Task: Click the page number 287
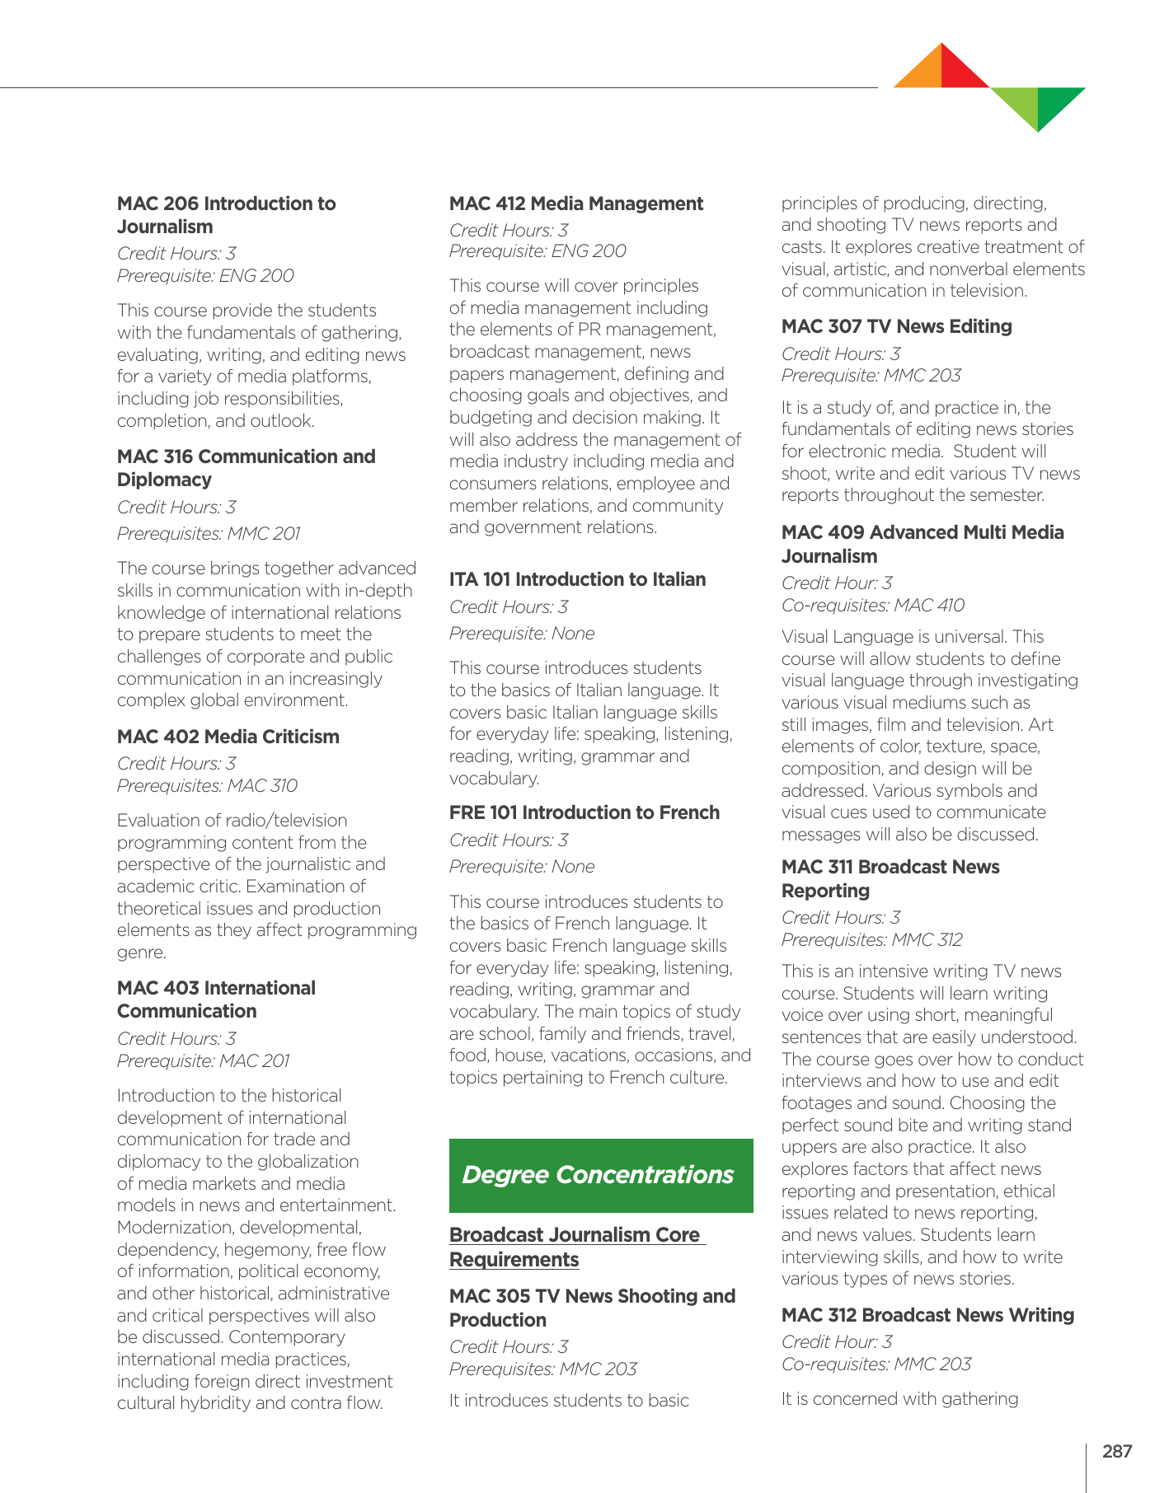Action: point(1117,1452)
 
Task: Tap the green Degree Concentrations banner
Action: point(600,1175)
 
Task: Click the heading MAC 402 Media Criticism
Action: point(228,737)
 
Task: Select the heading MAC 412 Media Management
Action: point(575,204)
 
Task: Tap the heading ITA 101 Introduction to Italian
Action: point(577,579)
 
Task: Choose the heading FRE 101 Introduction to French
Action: point(584,812)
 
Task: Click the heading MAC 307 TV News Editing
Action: point(896,326)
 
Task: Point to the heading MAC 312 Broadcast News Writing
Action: point(927,1315)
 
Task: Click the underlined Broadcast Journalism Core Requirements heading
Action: point(575,1247)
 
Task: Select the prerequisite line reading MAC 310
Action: point(207,785)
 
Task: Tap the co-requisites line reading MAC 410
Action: point(872,605)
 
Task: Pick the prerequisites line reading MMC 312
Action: point(871,939)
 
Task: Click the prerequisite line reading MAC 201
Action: point(203,1060)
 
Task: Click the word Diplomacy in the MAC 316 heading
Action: point(164,480)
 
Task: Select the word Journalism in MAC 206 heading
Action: point(165,227)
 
